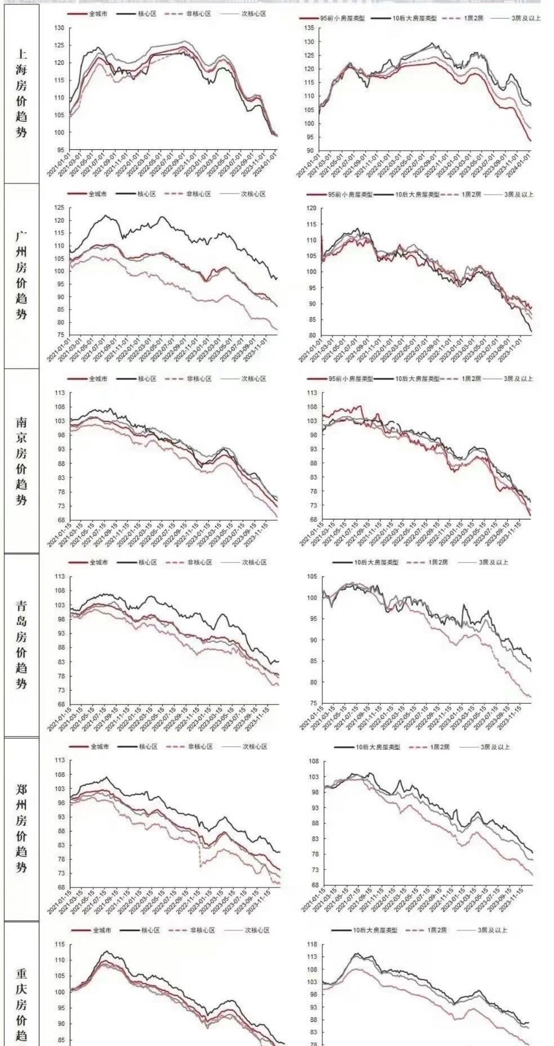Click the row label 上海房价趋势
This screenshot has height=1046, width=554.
point(21,93)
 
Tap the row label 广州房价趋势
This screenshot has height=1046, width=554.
point(21,275)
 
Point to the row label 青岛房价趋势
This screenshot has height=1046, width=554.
point(21,644)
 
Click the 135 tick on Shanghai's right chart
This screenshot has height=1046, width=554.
point(309,28)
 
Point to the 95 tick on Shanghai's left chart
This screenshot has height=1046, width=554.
point(61,150)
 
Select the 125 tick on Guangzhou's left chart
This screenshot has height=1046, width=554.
point(61,207)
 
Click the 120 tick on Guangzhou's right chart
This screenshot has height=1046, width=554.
point(311,208)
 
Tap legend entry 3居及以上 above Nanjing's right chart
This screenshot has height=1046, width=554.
point(518,378)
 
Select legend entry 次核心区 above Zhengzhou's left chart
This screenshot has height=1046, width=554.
point(254,746)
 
